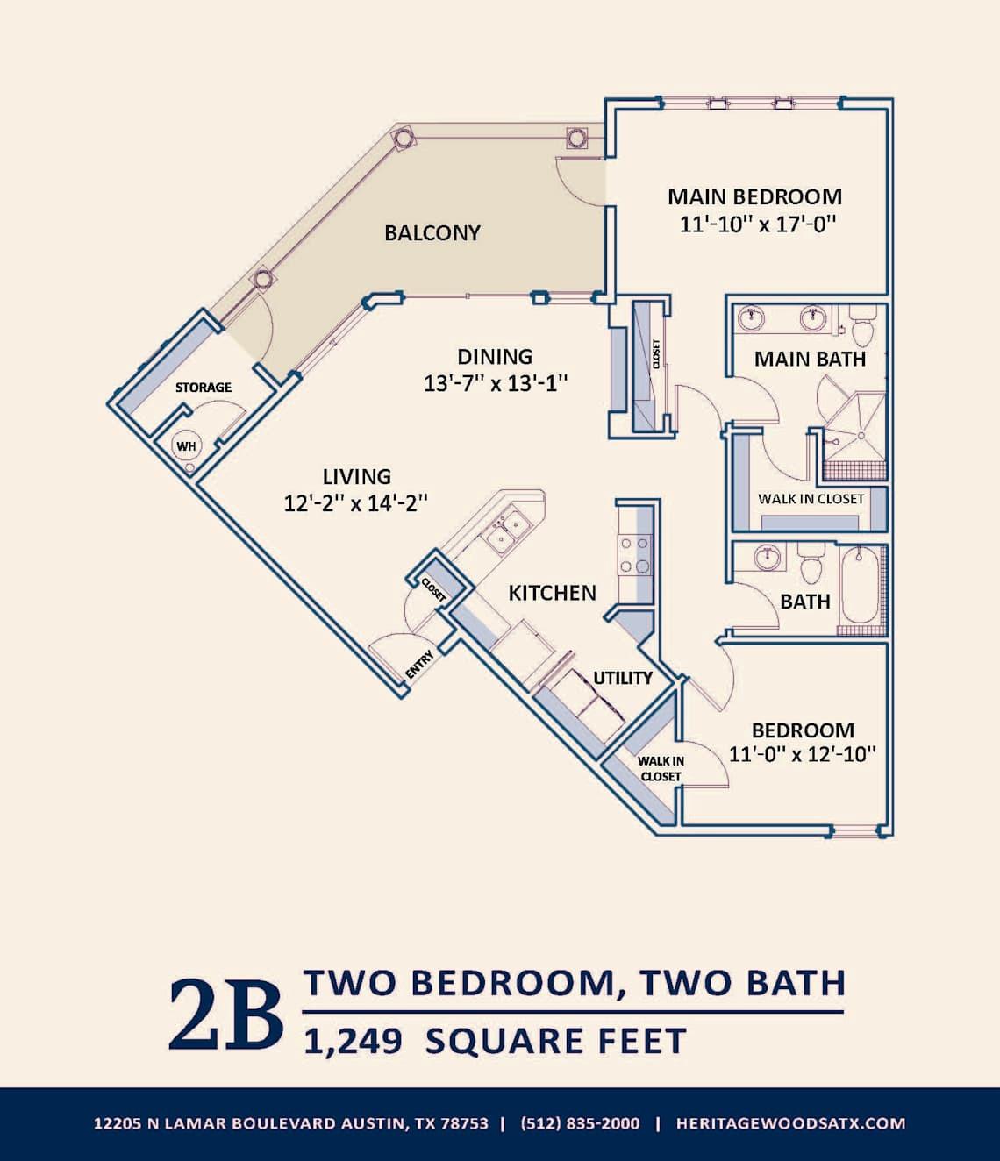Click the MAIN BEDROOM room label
pos(754,196)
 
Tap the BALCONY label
pos(432,232)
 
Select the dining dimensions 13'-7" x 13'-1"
pos(496,383)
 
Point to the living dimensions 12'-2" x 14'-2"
pos(355,503)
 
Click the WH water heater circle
pos(186,446)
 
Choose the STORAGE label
pos(204,387)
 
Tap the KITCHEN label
pos(552,593)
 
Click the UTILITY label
pos(623,678)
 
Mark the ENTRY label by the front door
pos(419,664)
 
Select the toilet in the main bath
pos(863,328)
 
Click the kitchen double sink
pos(508,530)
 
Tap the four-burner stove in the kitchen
pos(635,555)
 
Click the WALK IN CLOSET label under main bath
pos(811,499)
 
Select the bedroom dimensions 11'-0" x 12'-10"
pos(803,754)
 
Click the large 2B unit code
pos(225,1014)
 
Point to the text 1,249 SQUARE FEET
pos(495,1042)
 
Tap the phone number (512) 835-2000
pos(580,1123)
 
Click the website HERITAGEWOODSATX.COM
pos(790,1123)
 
